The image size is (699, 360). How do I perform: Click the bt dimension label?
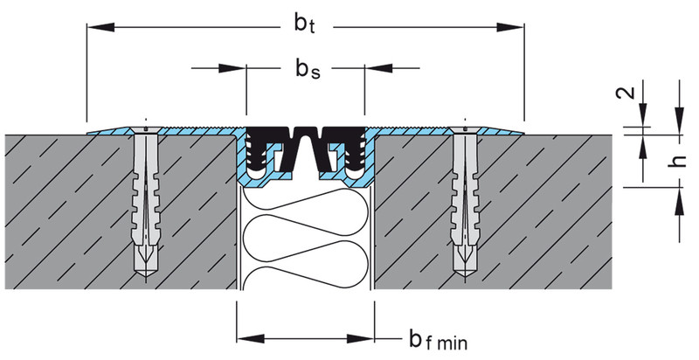305,24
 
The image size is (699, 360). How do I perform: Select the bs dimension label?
308,69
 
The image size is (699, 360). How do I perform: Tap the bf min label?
439,341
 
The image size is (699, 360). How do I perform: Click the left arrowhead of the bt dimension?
100,28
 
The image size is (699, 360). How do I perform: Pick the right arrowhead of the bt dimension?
510,28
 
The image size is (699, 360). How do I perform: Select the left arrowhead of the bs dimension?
232,68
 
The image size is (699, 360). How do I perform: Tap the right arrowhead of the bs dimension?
378,68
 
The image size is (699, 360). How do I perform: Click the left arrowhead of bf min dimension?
251,339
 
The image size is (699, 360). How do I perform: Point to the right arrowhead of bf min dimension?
360,339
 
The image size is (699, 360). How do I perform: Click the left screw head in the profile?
146,130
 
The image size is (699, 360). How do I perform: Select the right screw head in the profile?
465,130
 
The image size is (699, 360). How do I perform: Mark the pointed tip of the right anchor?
465,279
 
